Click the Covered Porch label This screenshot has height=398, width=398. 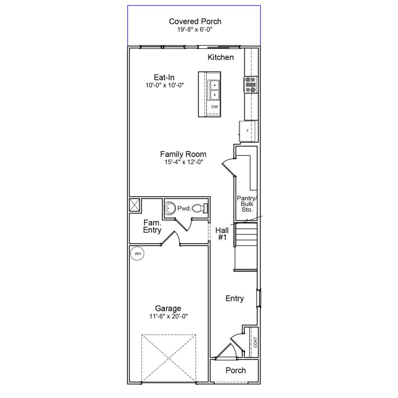[x=195, y=21]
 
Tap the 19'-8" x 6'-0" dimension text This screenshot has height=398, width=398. [x=195, y=30]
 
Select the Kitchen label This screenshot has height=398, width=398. [x=220, y=57]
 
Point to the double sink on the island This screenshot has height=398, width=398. [x=214, y=90]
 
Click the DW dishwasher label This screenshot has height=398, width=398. [x=215, y=107]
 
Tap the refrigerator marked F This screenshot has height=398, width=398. [x=248, y=131]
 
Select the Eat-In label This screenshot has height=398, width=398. [x=164, y=77]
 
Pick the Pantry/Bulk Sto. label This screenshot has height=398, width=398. [x=247, y=204]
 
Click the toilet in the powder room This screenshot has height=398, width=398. [x=200, y=208]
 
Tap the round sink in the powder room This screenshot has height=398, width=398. [x=170, y=208]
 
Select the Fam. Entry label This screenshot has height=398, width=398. [x=152, y=226]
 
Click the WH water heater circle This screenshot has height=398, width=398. [x=138, y=254]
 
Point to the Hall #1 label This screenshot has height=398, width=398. [x=222, y=234]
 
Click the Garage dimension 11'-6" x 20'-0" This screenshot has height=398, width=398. [x=168, y=316]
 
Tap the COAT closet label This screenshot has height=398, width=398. [x=255, y=342]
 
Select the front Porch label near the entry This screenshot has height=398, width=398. [x=235, y=370]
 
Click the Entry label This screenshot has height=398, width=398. [x=234, y=298]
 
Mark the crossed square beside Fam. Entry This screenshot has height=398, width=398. [x=135, y=205]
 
